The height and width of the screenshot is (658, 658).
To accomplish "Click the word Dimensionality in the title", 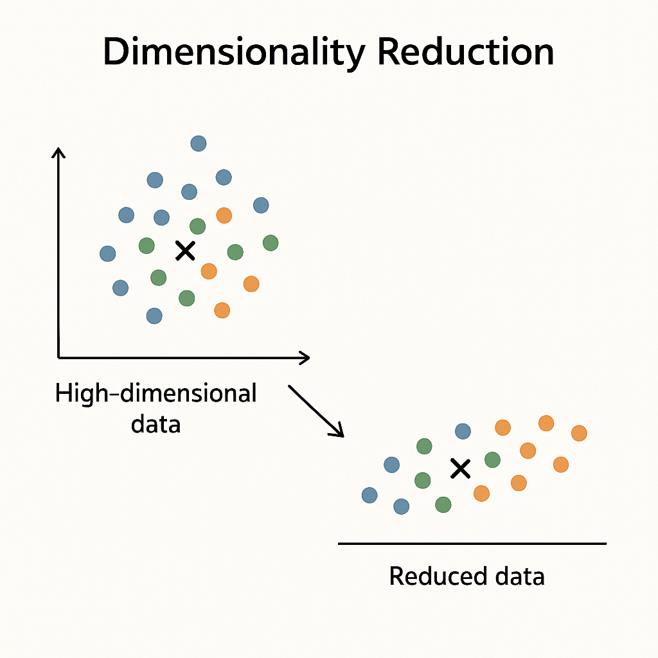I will [234, 53].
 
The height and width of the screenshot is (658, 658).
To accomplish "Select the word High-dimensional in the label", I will [156, 393].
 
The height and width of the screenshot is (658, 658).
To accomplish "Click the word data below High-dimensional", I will [156, 424].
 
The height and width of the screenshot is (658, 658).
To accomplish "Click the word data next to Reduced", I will [515, 576].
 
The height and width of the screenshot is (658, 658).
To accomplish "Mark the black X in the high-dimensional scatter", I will [185, 251].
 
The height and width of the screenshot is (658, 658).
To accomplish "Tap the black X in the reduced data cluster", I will [460, 468].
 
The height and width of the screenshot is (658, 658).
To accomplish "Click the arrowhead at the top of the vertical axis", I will [58, 153].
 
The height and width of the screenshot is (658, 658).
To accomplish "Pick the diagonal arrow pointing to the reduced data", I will [316, 411].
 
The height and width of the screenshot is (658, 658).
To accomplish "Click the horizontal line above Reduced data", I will [472, 544].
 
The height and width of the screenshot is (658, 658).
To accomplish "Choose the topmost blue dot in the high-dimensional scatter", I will [199, 143].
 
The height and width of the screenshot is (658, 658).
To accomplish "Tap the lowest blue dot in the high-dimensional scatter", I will [154, 316].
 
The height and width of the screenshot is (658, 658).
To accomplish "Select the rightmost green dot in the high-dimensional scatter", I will [271, 243].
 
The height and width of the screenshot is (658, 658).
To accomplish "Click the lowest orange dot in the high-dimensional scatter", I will [222, 310].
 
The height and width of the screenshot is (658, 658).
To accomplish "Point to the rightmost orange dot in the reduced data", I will [579, 433].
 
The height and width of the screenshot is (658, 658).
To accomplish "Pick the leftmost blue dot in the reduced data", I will [369, 495].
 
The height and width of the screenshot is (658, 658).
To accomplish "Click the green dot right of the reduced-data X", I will [492, 459].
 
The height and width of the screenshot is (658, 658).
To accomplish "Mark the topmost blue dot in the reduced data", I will [463, 431].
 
